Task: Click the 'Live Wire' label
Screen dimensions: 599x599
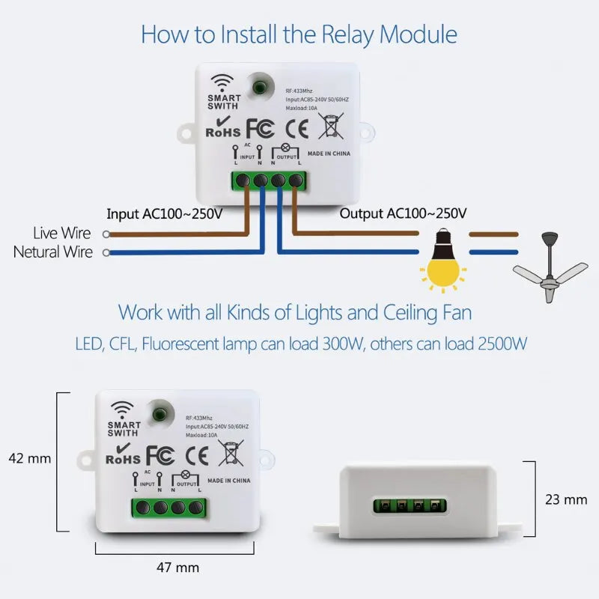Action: click(x=63, y=234)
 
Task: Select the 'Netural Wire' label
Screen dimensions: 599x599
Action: click(x=52, y=252)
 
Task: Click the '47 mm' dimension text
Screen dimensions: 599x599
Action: click(x=177, y=568)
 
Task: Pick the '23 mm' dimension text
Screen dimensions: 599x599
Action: click(x=566, y=499)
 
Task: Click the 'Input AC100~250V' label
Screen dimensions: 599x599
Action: click(x=164, y=213)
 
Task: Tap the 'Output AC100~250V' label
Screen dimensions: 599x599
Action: click(x=404, y=213)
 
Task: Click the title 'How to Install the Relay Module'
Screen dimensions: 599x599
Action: click(x=299, y=34)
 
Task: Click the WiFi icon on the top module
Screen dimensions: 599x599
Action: click(x=223, y=82)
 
